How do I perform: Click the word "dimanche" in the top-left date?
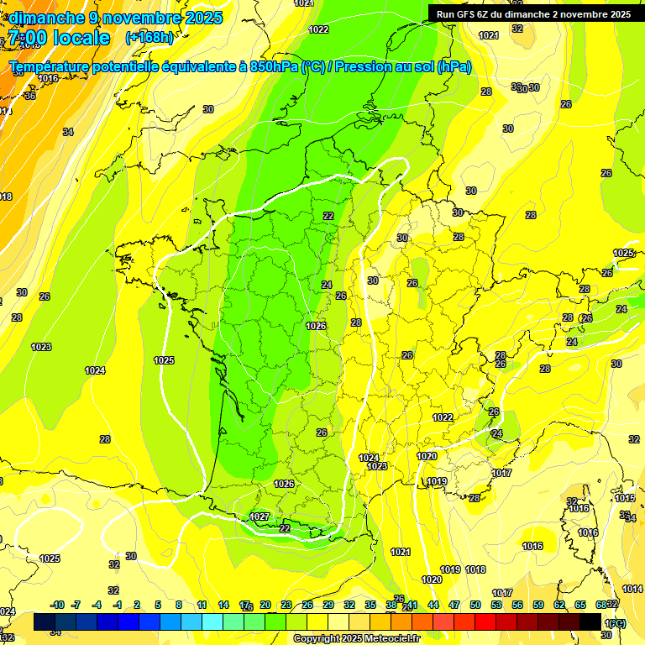pos(45,18)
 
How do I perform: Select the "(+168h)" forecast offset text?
pos(149,38)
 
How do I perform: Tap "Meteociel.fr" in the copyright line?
pos(388,639)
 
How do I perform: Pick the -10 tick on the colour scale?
pos(57,605)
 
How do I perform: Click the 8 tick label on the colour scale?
pos(179,605)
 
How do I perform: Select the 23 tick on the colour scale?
pos(286,605)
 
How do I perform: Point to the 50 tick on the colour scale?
pos(475,605)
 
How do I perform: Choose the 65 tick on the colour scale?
pos(580,605)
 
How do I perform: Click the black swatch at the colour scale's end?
pos(590,621)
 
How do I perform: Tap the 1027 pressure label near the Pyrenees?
pos(260,517)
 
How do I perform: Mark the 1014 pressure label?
pos(632,589)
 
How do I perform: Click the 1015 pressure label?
pos(624,498)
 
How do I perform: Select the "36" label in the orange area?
pos(30,96)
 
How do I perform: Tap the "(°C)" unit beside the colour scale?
pos(616,623)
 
